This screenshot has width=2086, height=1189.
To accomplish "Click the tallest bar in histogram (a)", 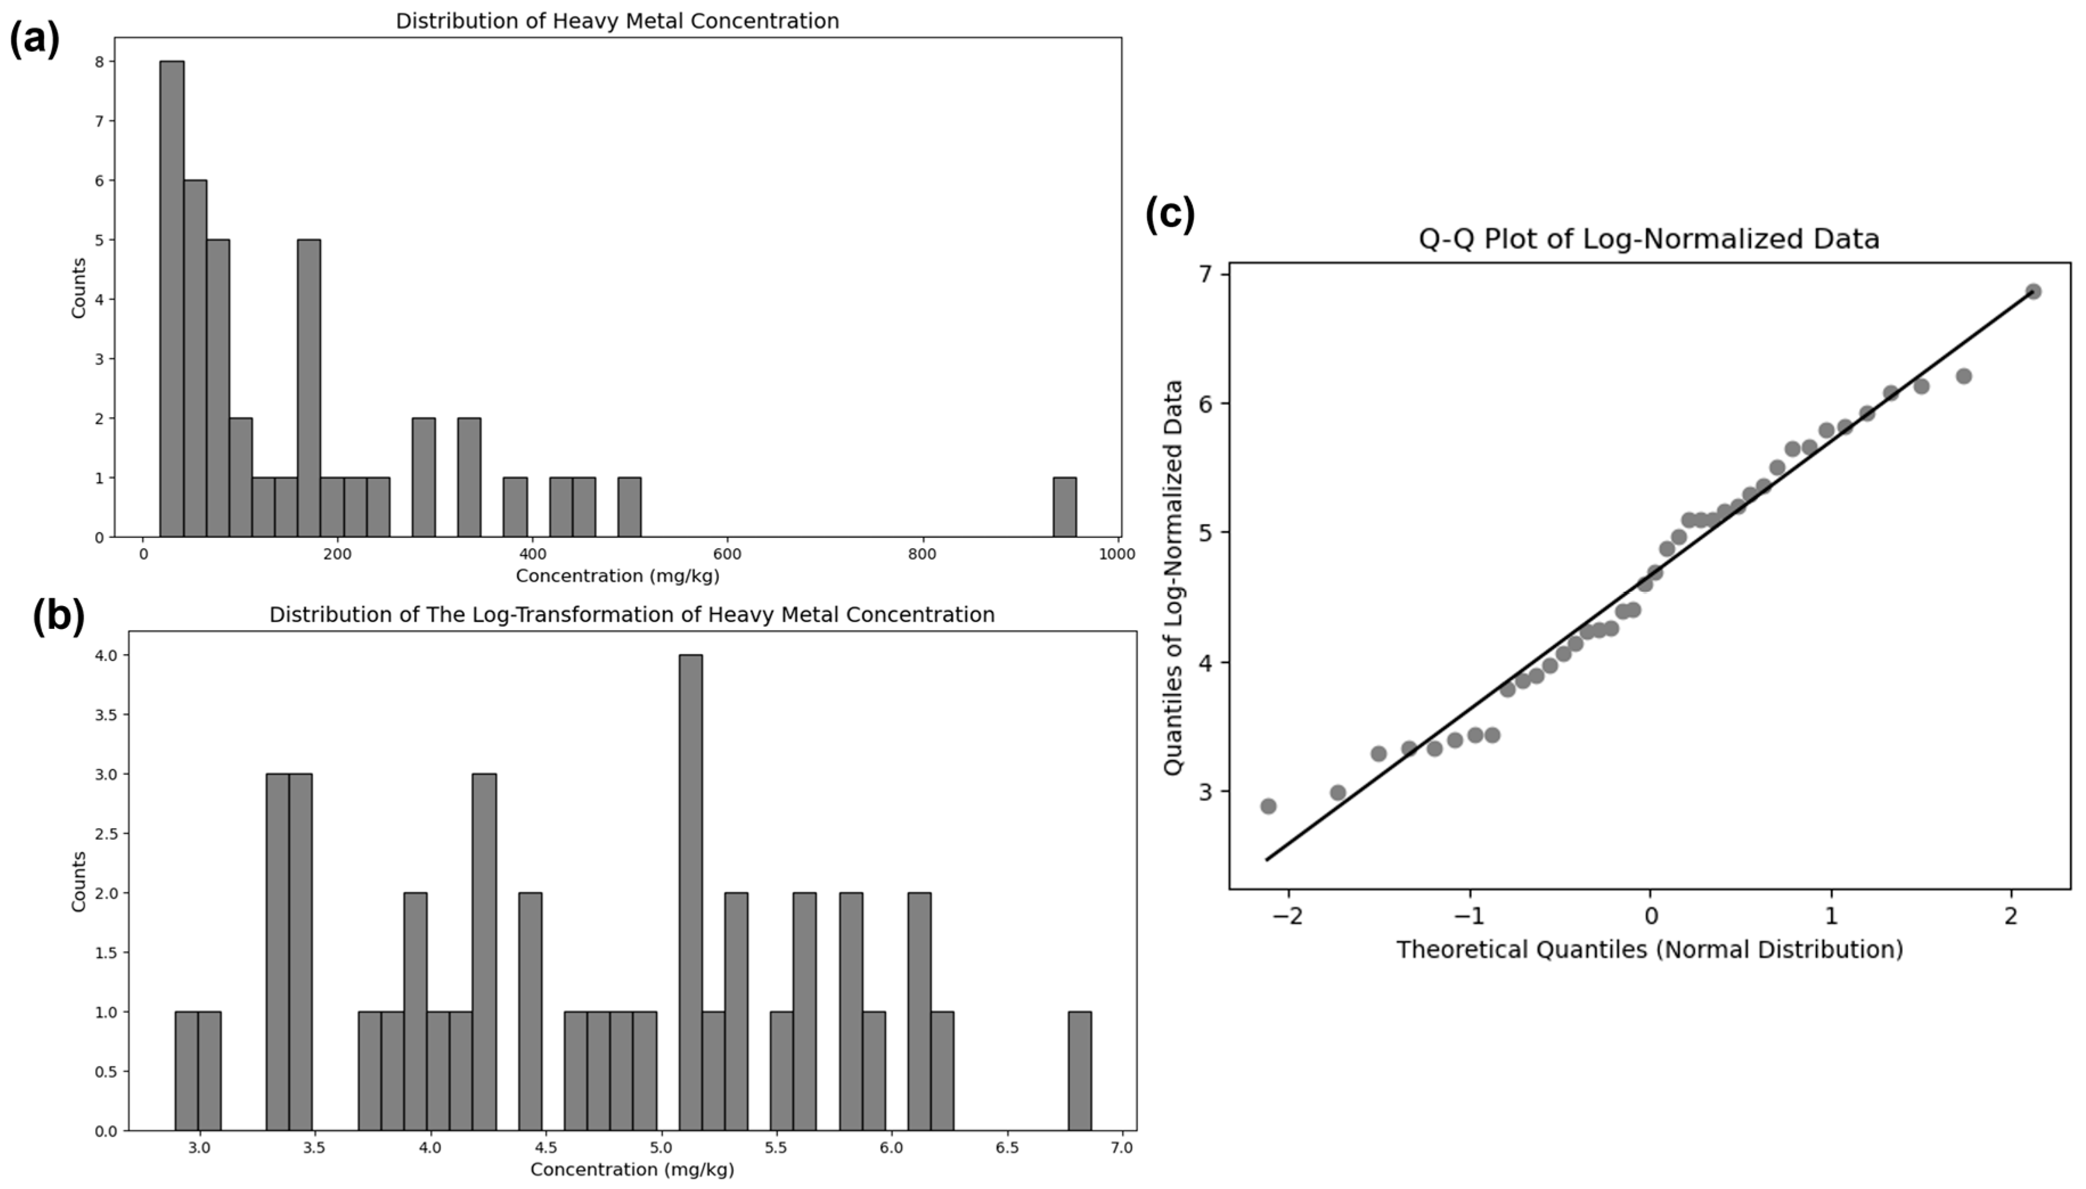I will click(171, 298).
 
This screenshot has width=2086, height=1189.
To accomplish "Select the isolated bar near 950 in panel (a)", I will click(1064, 507).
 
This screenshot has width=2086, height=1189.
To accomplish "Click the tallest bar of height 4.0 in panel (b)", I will click(690, 892).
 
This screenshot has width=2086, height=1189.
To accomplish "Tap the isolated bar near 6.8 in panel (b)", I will click(1079, 1071).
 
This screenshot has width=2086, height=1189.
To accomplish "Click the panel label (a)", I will click(34, 39).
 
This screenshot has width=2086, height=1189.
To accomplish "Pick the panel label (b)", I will click(58, 616).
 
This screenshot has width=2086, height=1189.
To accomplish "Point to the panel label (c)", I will click(1169, 214).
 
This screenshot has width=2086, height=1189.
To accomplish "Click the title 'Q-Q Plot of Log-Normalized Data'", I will click(1648, 239).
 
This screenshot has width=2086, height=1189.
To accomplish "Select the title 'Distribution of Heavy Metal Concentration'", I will click(617, 21).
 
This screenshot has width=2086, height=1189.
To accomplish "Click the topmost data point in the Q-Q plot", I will click(2033, 291).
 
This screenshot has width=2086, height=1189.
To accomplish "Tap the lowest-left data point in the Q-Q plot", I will click(1268, 806).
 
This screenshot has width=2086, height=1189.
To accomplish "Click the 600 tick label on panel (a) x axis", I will click(726, 554).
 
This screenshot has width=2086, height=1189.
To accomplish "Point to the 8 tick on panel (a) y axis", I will click(100, 62).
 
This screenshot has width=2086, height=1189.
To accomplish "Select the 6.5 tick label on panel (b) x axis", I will click(1007, 1147).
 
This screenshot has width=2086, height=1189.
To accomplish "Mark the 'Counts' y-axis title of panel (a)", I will click(79, 287).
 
